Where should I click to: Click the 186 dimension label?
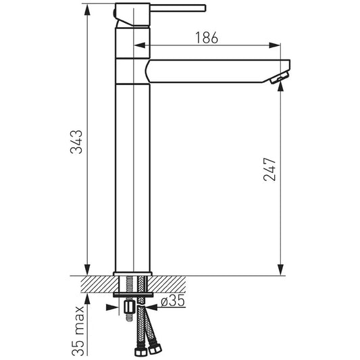pyautogui.click(x=207, y=38)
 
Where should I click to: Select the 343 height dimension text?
pyautogui.click(x=76, y=142)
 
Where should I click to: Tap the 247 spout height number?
pyautogui.click(x=269, y=170)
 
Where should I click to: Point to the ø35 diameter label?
pyautogui.click(x=173, y=301)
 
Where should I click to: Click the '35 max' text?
pyautogui.click(x=78, y=330)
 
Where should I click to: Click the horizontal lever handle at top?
pyautogui.click(x=178, y=8)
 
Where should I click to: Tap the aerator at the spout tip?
pyautogui.click(x=280, y=78)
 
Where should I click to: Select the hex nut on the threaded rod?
pyautogui.click(x=129, y=307)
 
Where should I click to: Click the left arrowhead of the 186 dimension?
pyautogui.click(x=140, y=45)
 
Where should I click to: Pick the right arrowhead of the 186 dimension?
pyautogui.click(x=275, y=45)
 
